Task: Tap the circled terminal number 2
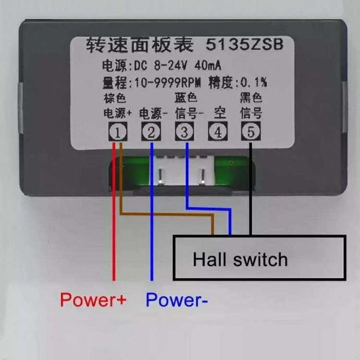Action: (x=151, y=133)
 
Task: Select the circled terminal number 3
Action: (x=183, y=133)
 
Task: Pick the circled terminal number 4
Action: (x=218, y=133)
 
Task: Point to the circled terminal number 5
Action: (x=251, y=132)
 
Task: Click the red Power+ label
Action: (x=93, y=299)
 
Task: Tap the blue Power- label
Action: (x=177, y=299)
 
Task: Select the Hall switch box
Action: (x=259, y=258)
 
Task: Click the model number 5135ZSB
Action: (x=244, y=45)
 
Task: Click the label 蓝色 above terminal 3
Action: (x=185, y=98)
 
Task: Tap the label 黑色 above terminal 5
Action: (x=251, y=98)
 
